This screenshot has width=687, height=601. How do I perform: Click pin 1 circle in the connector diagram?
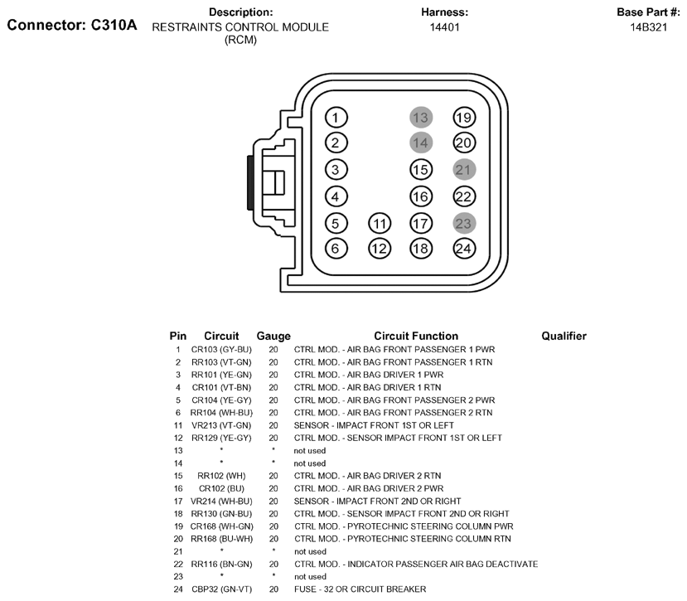(336, 118)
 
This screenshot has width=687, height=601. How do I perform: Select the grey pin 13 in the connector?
(421, 118)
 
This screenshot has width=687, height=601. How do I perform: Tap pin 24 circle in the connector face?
(464, 249)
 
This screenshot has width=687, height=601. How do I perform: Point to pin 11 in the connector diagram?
(380, 224)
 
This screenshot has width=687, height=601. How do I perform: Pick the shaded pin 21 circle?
(464, 170)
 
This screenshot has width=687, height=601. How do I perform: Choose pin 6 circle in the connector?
(336, 249)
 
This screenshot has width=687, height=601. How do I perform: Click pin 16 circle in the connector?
(421, 196)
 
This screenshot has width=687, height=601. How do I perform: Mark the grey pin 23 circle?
(464, 224)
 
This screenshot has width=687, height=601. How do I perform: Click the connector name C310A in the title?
(114, 25)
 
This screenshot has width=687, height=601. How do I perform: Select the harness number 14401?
(444, 27)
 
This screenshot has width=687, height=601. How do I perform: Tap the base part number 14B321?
(648, 27)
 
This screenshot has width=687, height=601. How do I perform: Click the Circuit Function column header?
(416, 337)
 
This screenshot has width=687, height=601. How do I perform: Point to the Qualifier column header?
(564, 337)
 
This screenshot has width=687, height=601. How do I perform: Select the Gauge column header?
(273, 337)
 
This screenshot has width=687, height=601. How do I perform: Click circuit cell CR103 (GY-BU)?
(221, 350)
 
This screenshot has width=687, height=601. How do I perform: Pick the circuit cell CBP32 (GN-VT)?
(222, 589)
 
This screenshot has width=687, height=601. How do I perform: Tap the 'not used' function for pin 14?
(310, 463)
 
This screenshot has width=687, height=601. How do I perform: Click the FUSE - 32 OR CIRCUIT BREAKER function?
(360, 589)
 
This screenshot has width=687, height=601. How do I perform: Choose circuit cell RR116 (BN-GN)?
(221, 565)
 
